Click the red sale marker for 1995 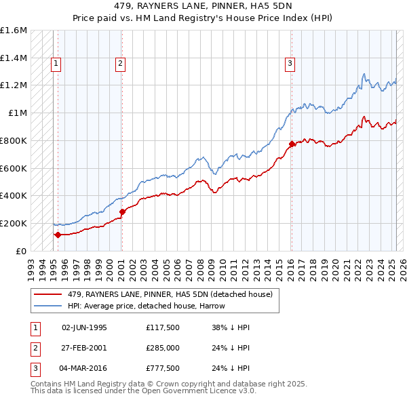coord(58,235)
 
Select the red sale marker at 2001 coord(123,212)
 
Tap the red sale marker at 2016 coord(292,144)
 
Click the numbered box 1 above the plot coord(56,64)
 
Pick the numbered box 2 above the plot coord(120,64)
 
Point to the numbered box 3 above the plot coord(290,64)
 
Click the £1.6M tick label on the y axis coord(14,31)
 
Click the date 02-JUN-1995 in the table coord(84,327)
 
